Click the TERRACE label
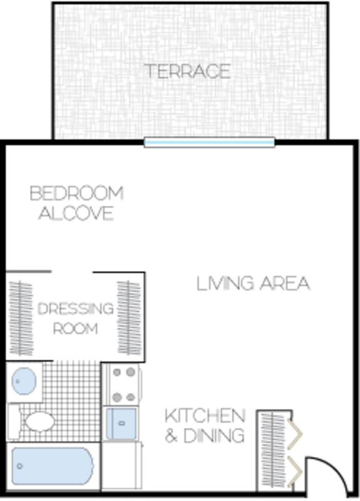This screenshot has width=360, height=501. click(x=188, y=71)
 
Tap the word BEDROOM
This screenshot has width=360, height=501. click(x=76, y=194)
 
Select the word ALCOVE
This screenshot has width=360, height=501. click(x=76, y=213)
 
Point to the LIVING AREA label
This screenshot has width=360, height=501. click(x=253, y=284)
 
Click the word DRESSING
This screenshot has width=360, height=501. click(x=76, y=309)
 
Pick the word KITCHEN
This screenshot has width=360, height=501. click(x=205, y=415)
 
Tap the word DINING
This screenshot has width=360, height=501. click(x=214, y=435)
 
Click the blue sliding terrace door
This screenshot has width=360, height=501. click(x=209, y=142)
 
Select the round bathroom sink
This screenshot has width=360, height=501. click(x=24, y=381)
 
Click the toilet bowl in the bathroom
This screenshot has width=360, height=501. click(x=40, y=421)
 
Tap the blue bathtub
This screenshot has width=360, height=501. click(x=53, y=466)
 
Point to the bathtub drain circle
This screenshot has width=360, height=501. click(x=20, y=466)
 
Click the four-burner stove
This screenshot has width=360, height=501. click(x=124, y=385)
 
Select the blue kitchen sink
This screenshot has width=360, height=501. click(x=121, y=424)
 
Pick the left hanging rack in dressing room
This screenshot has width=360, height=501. click(x=21, y=318)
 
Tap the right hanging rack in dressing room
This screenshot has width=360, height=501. click(x=130, y=318)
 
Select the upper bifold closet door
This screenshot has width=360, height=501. click(x=295, y=434)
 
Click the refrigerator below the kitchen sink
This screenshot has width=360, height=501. click(x=121, y=465)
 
